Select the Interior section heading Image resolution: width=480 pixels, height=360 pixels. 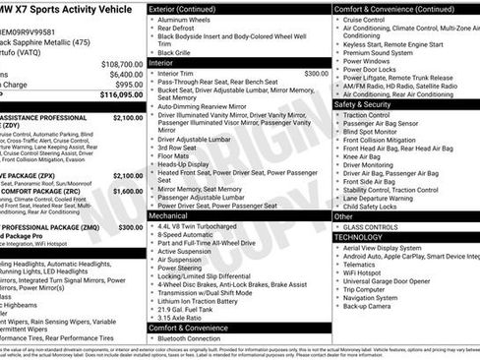click(162, 62)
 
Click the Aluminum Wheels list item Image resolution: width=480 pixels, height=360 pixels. click(188, 20)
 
